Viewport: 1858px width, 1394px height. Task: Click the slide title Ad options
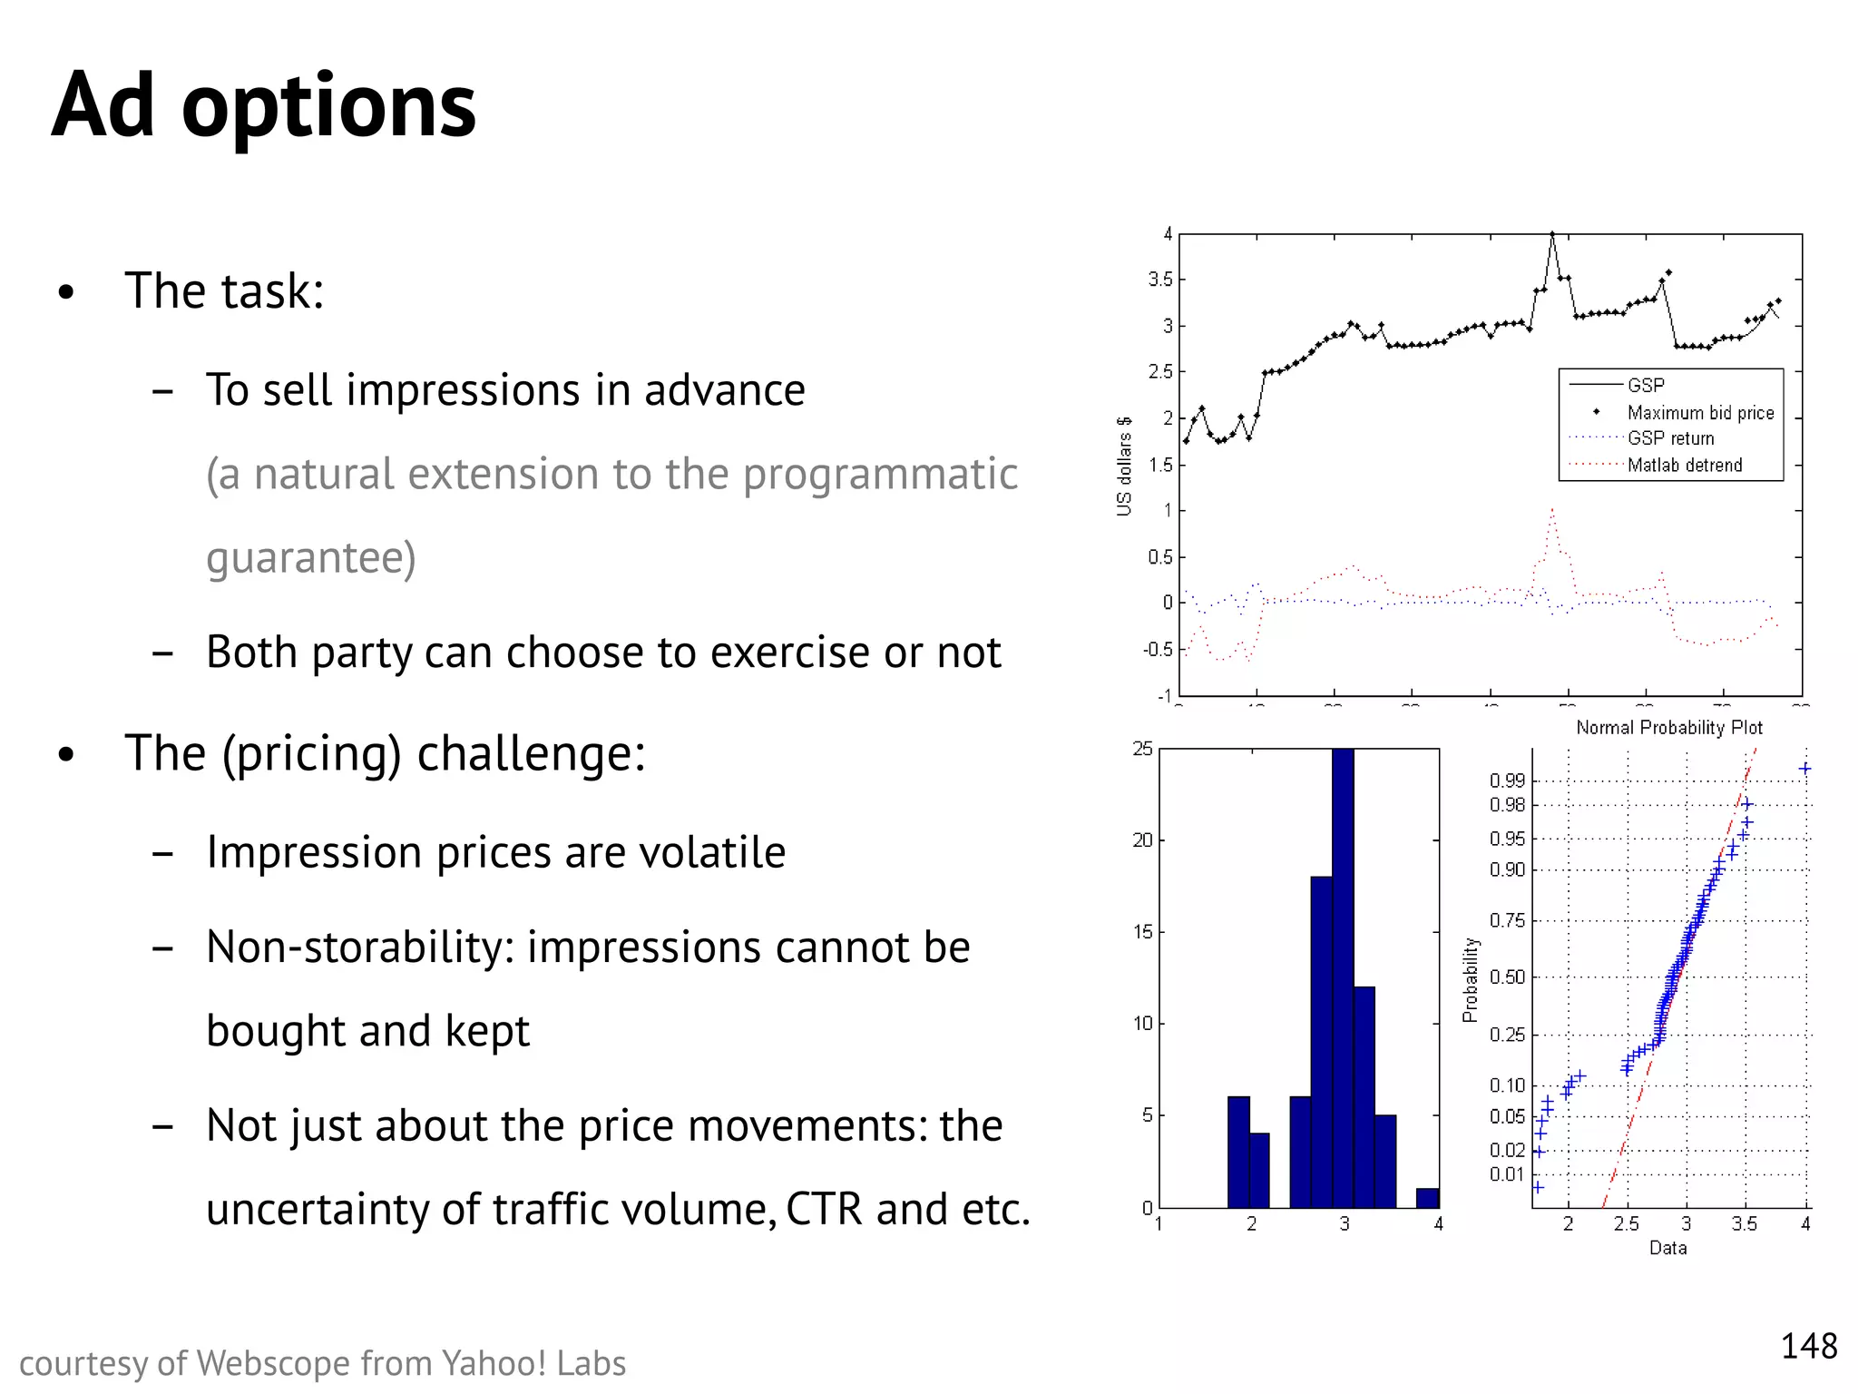(x=263, y=107)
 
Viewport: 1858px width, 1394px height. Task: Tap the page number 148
(x=1808, y=1346)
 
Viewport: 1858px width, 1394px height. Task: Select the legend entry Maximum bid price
(x=1700, y=413)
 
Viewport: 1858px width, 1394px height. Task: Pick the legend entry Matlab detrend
(x=1685, y=466)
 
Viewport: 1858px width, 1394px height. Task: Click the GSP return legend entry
(x=1670, y=438)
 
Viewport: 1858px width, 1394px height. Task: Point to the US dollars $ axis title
(x=1124, y=466)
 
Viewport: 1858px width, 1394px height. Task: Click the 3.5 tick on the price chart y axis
(x=1160, y=280)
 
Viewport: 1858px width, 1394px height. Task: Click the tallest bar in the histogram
(x=1343, y=980)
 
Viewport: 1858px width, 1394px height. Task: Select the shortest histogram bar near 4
(x=1427, y=1198)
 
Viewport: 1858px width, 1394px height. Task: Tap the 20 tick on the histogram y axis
(x=1142, y=840)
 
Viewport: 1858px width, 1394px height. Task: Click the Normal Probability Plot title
(x=1668, y=728)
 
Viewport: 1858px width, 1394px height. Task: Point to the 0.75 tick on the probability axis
(x=1507, y=920)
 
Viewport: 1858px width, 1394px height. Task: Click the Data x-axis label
(x=1667, y=1248)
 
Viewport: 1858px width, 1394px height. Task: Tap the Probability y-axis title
(x=1471, y=980)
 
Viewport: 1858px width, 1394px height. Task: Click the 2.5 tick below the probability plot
(x=1626, y=1224)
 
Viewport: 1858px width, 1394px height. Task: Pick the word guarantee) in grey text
(x=310, y=557)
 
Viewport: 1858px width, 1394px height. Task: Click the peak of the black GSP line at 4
(x=1552, y=234)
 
